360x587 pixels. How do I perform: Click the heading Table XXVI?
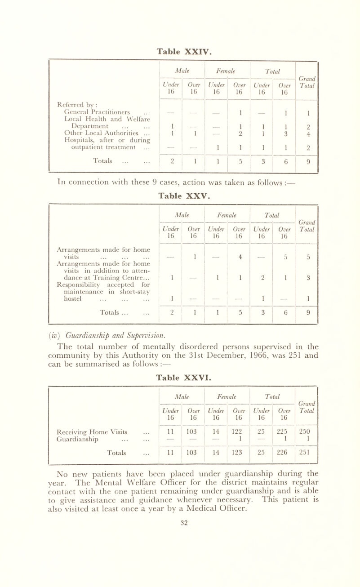(x=180, y=399)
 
